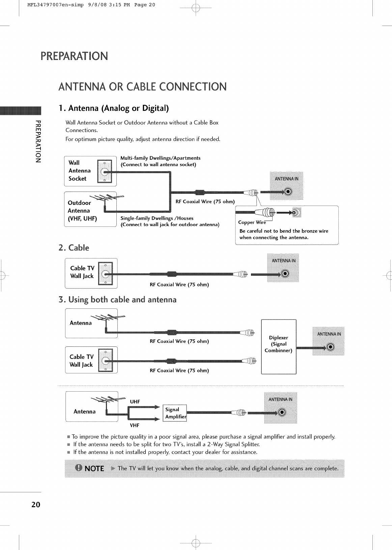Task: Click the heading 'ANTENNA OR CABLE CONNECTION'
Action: [x=142, y=87]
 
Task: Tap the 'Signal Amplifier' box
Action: [x=175, y=413]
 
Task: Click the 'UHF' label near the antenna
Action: [x=135, y=401]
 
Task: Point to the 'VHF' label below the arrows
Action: [x=135, y=425]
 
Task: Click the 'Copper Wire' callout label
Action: [x=252, y=222]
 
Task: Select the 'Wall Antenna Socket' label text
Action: [x=80, y=171]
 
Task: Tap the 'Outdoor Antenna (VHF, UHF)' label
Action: [x=82, y=211]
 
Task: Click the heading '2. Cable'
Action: [x=74, y=248]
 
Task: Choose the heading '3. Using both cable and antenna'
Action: [x=117, y=300]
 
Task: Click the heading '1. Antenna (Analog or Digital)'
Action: [x=113, y=108]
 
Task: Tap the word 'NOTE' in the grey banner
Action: [x=94, y=468]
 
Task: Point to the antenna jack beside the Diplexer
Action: [x=330, y=347]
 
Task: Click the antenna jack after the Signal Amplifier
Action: [x=282, y=413]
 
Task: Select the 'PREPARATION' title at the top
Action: [x=74, y=56]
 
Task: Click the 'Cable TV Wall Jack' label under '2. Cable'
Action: [x=82, y=272]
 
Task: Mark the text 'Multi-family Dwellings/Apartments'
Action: [x=160, y=158]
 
